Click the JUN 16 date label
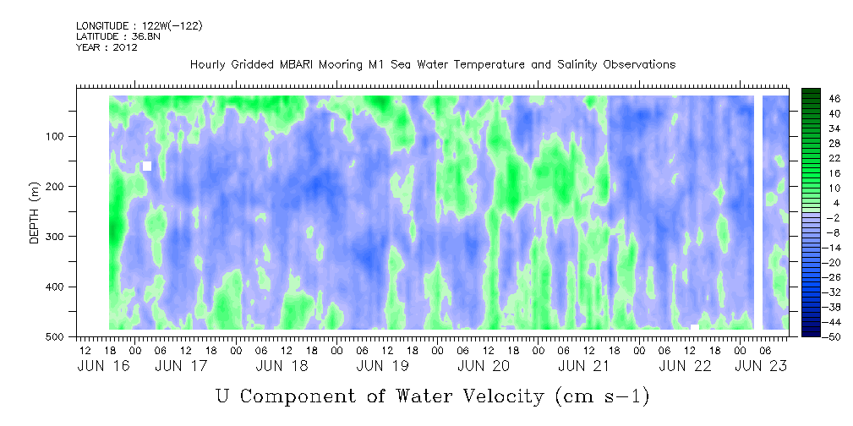tap(104, 366)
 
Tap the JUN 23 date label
tap(761, 366)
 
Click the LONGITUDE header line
tap(139, 25)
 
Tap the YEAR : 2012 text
tap(107, 47)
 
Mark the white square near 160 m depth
tap(147, 166)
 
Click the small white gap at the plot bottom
tap(695, 327)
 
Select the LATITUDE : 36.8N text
tap(118, 36)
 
